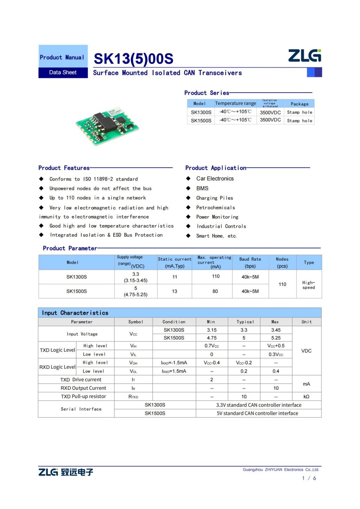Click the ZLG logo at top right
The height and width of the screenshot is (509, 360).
304,55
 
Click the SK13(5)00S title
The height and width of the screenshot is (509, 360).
133,59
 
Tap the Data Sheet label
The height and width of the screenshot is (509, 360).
63,72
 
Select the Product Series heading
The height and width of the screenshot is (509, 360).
207,93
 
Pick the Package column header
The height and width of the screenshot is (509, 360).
300,104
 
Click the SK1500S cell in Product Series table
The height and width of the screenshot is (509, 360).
201,120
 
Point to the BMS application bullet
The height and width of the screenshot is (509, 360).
202,188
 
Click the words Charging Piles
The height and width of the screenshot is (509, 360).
214,198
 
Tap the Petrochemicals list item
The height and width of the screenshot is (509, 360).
216,207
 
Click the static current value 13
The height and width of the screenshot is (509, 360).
174,291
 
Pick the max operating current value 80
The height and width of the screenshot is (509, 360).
215,291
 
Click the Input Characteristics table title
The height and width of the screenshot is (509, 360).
75,313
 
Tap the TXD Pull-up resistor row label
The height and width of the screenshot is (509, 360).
83,397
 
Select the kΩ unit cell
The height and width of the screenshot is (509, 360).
306,397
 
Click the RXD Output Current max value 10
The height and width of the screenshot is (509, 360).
276,388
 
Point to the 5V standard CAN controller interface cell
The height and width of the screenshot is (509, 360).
258,413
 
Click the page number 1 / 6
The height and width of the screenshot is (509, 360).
309,478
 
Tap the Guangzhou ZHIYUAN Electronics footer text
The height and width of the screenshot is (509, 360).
281,470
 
